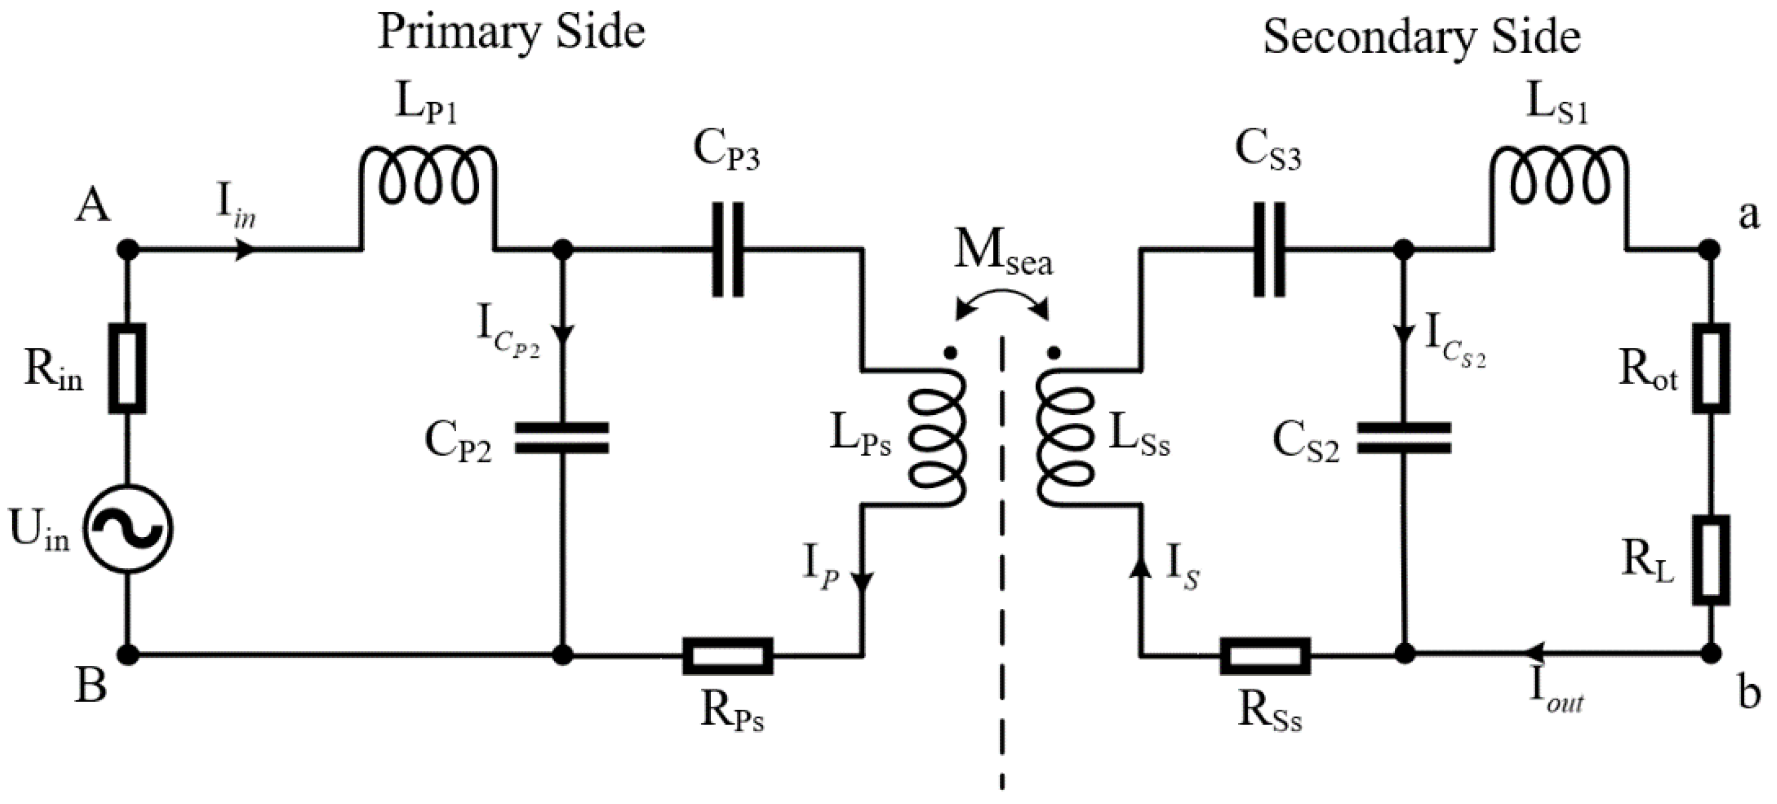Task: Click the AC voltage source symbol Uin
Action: (x=128, y=530)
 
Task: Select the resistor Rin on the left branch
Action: (x=128, y=368)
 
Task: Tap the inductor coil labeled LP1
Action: (x=428, y=176)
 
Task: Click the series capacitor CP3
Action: (x=728, y=249)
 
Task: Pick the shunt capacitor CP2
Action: (x=563, y=439)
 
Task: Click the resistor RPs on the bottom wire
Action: (x=728, y=655)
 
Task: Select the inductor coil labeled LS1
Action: (x=1560, y=176)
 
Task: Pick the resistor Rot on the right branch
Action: (x=1712, y=368)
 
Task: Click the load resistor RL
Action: (x=1712, y=560)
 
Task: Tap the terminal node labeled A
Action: (x=128, y=249)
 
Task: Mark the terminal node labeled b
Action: (x=1710, y=653)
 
